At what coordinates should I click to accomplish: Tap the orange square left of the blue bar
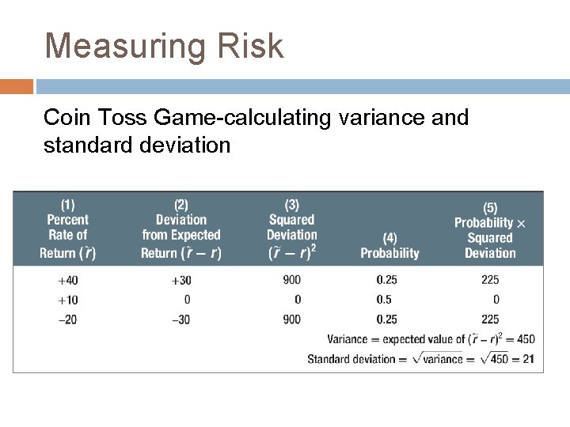point(16,86)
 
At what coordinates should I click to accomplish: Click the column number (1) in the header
point(67,205)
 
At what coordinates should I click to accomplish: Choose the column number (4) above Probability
point(389,238)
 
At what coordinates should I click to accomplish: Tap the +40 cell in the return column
point(67,280)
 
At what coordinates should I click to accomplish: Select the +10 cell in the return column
point(67,300)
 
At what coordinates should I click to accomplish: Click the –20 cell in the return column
point(67,319)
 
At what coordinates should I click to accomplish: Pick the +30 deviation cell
point(180,280)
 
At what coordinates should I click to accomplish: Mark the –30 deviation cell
point(180,319)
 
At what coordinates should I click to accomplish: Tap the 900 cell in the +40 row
point(291,280)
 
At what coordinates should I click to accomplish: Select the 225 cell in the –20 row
point(491,319)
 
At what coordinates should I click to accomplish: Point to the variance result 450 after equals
point(525,339)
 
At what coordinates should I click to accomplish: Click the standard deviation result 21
point(528,359)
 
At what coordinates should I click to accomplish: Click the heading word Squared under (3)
point(291,220)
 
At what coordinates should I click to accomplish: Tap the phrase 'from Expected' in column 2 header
point(181,235)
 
